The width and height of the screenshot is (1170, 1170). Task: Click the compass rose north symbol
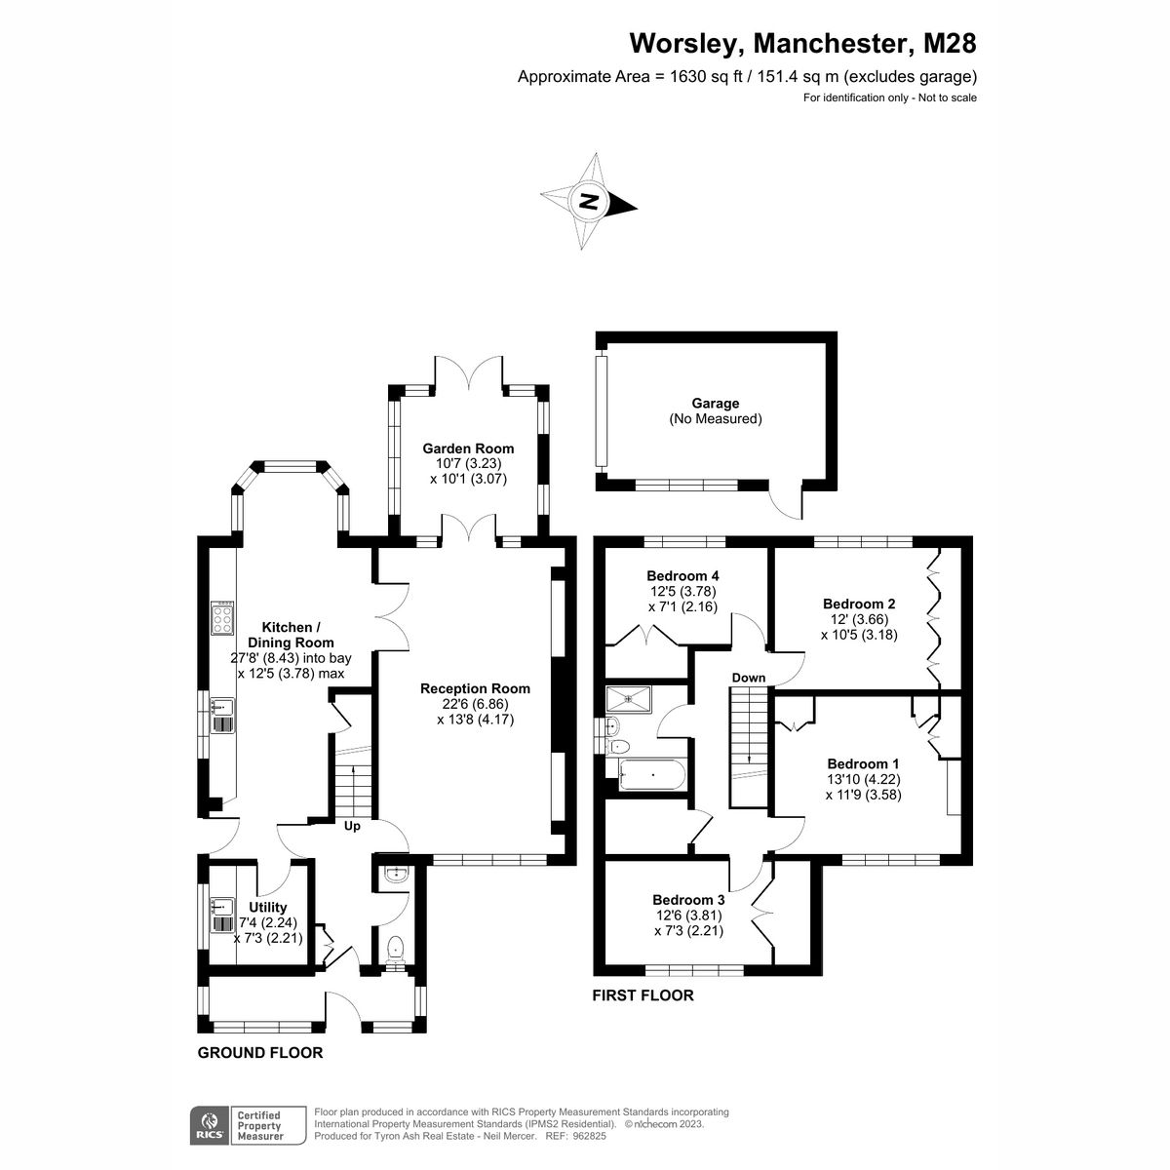pyautogui.click(x=589, y=203)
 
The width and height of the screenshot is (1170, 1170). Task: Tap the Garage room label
pyautogui.click(x=715, y=403)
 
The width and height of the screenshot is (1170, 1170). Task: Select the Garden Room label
pyautogui.click(x=468, y=448)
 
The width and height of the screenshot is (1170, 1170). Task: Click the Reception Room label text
pyautogui.click(x=475, y=688)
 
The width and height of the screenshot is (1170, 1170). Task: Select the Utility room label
pyautogui.click(x=268, y=907)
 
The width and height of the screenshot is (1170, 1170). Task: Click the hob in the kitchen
pyautogui.click(x=222, y=619)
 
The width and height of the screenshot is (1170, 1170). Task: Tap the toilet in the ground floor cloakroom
pyautogui.click(x=395, y=949)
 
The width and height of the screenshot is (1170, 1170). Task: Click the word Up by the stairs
pyautogui.click(x=352, y=827)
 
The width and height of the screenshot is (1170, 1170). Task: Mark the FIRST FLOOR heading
pyautogui.click(x=643, y=995)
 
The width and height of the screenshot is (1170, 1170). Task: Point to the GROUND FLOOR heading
pyautogui.click(x=260, y=1053)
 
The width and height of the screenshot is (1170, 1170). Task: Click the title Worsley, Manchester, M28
pyautogui.click(x=802, y=44)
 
